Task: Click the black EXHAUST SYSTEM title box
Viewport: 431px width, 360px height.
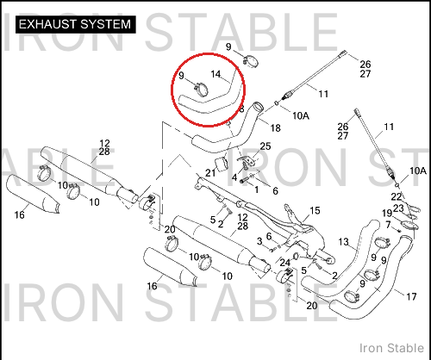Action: (75, 24)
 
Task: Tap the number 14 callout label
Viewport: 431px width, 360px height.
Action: (215, 74)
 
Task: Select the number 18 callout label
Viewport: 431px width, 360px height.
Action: (276, 127)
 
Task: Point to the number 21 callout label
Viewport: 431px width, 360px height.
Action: (210, 173)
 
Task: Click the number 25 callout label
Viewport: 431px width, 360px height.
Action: (265, 146)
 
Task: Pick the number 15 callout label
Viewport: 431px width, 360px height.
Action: (315, 211)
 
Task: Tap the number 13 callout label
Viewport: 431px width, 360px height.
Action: (343, 242)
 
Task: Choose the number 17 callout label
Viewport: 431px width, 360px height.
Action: (411, 296)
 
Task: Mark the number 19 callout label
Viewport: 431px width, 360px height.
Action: (387, 214)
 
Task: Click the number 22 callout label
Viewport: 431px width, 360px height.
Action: (396, 197)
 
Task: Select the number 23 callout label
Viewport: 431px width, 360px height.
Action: (398, 208)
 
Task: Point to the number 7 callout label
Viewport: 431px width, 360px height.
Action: (388, 225)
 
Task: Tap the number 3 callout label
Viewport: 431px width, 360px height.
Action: (259, 241)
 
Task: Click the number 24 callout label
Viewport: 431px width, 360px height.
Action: (285, 263)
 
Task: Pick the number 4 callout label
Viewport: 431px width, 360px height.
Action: (234, 177)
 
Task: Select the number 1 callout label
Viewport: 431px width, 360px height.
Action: (256, 189)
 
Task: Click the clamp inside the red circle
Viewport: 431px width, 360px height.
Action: (201, 90)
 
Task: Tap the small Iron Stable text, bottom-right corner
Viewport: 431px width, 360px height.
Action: (391, 348)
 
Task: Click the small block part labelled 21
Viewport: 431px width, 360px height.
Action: (222, 164)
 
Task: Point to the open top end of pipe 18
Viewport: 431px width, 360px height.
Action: (258, 107)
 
